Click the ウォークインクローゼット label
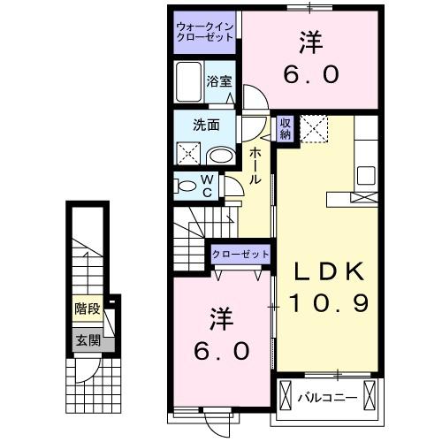204,32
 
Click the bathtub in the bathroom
189,83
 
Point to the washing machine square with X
189,152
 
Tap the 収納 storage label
285,129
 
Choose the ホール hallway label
255,165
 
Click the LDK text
324,270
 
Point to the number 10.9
324,302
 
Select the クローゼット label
240,255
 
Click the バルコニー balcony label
327,397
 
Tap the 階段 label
86,309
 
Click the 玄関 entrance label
86,339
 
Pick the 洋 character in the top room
311,42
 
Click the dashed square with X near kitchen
314,129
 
